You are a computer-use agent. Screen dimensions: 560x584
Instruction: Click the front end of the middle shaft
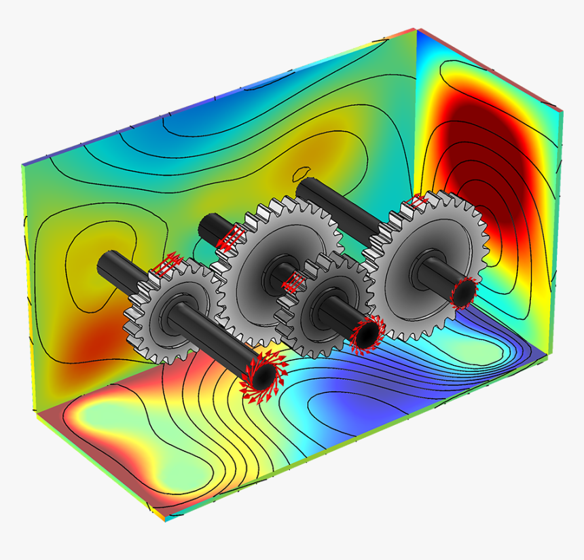point(366,333)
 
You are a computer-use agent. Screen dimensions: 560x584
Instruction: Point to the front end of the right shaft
point(464,293)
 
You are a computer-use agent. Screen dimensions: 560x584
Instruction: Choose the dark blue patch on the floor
point(367,407)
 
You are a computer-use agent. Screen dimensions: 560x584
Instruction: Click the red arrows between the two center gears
point(293,282)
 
